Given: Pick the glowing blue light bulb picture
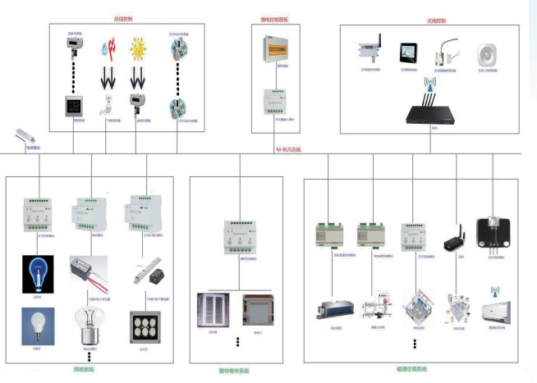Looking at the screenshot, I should coord(38,274).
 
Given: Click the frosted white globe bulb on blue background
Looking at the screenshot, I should coord(38,326).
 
